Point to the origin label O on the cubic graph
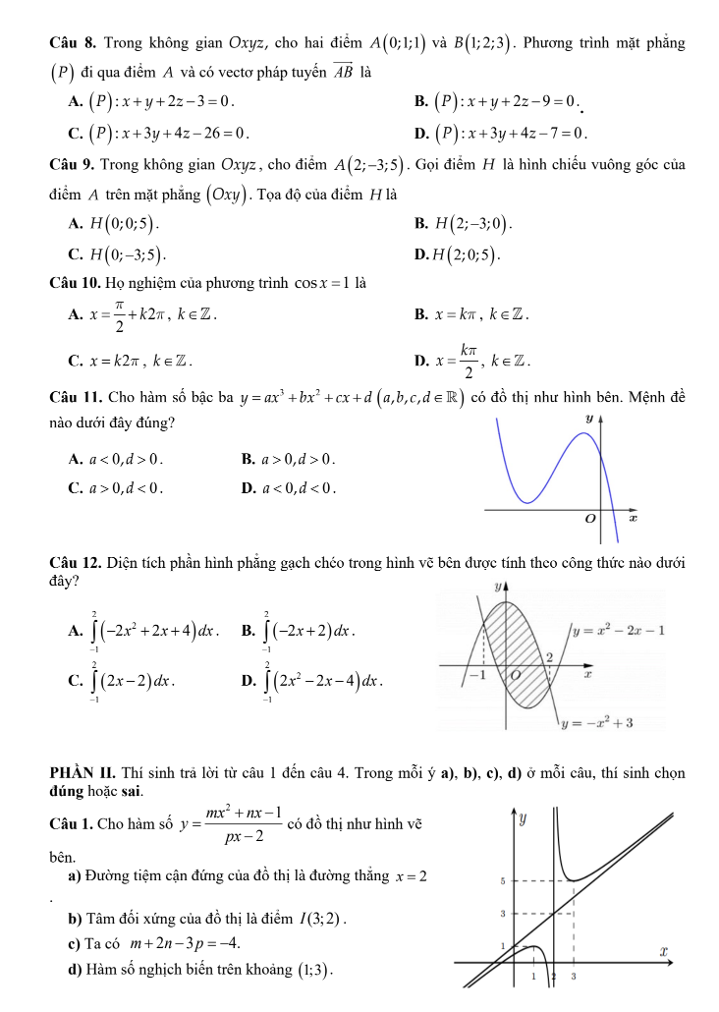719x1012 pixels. click(x=590, y=517)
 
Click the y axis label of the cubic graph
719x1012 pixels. click(x=589, y=420)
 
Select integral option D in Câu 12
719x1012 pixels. click(x=313, y=679)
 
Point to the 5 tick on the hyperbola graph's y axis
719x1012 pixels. click(x=502, y=881)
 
